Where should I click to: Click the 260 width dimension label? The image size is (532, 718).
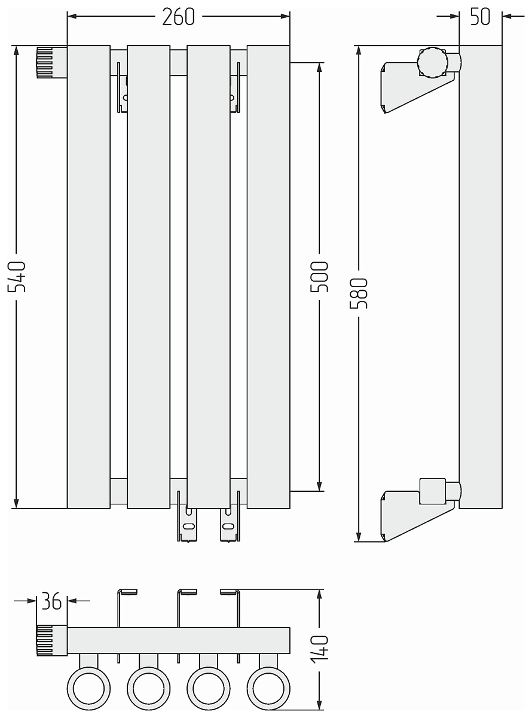178,17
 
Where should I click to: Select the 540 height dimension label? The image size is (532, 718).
17,276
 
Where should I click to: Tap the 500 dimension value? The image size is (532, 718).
319,276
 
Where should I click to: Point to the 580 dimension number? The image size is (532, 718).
359,293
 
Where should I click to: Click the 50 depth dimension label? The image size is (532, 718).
480,17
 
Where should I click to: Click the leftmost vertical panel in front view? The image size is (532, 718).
88,277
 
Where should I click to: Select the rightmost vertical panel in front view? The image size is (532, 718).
268,277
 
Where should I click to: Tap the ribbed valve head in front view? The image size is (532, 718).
51,62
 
